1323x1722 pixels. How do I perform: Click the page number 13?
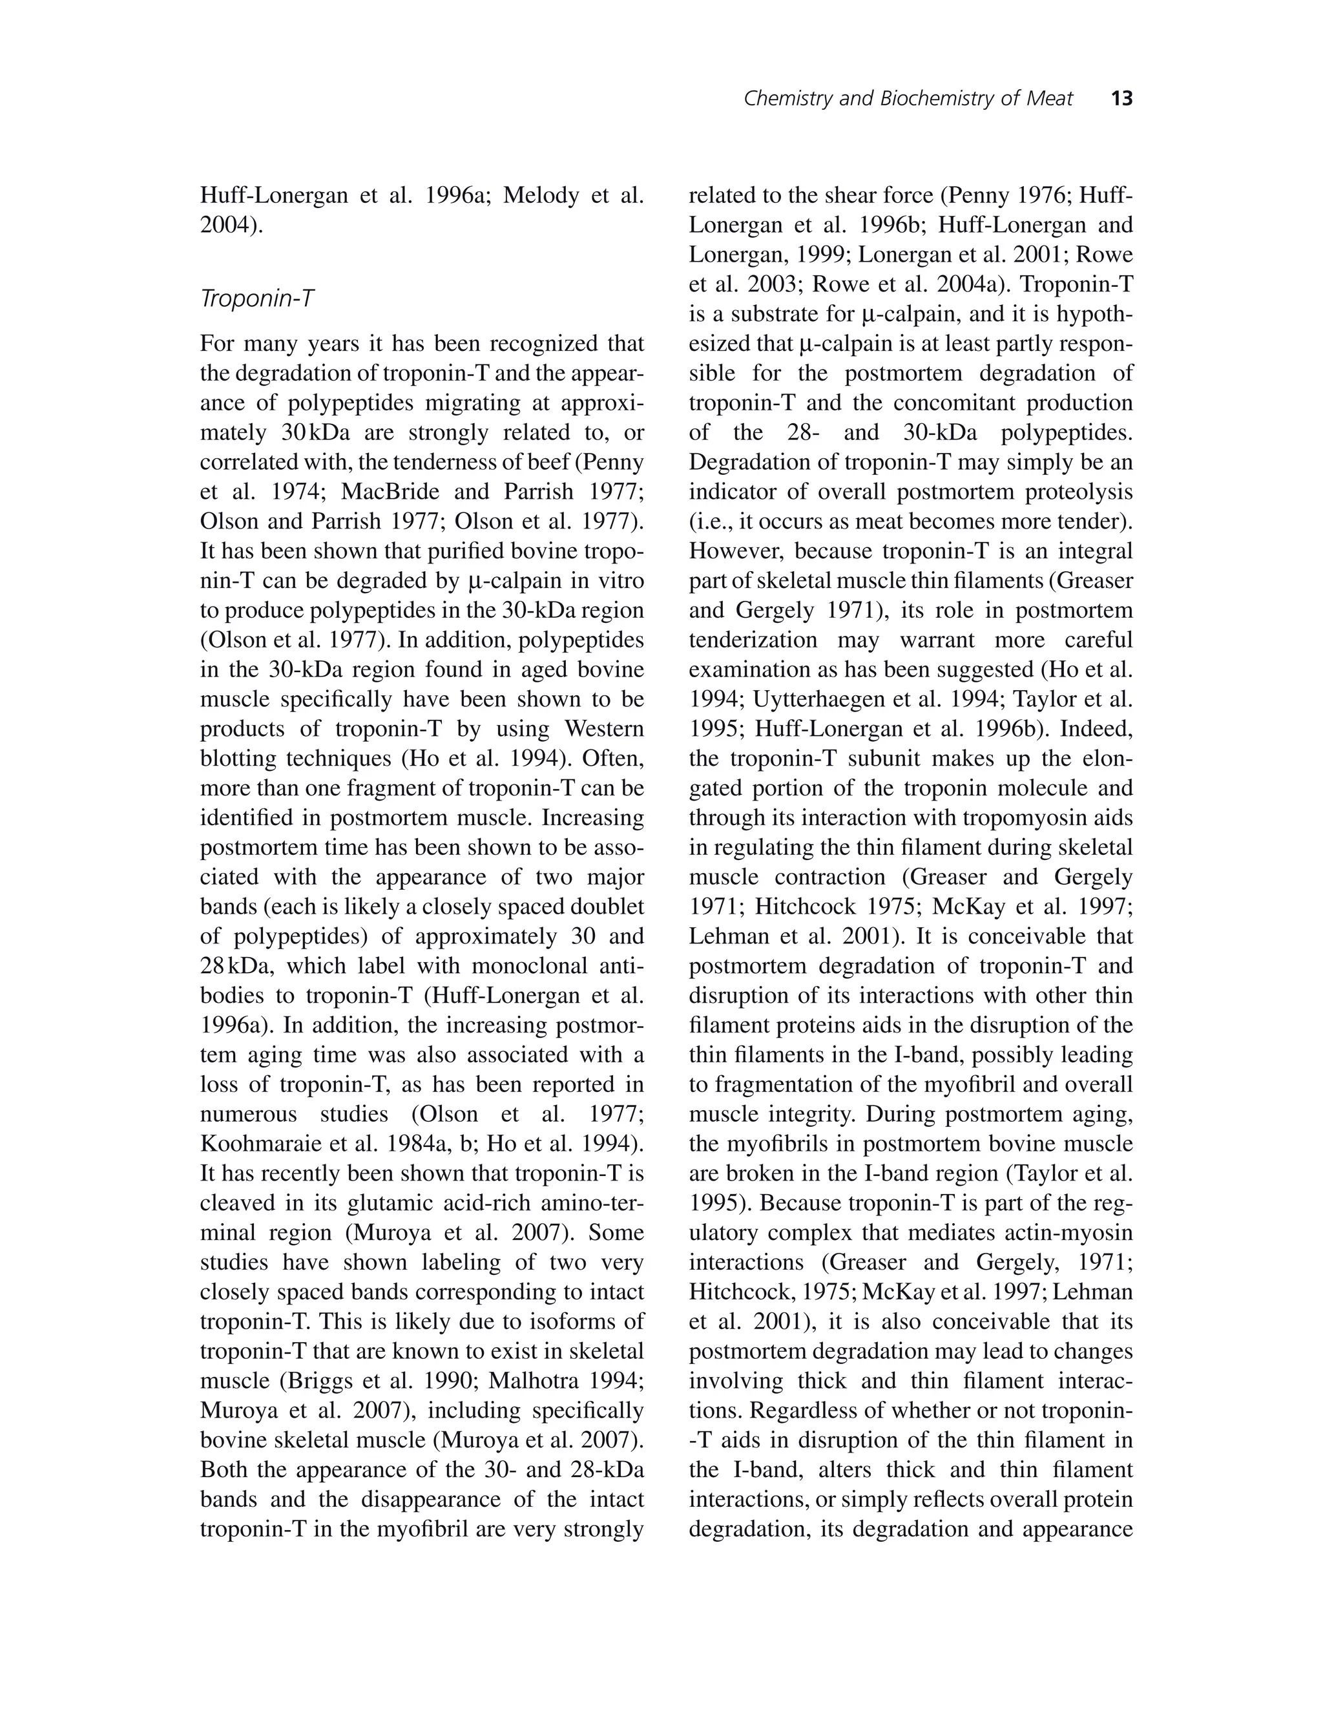click(1121, 98)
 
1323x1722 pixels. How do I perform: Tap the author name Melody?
click(540, 195)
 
